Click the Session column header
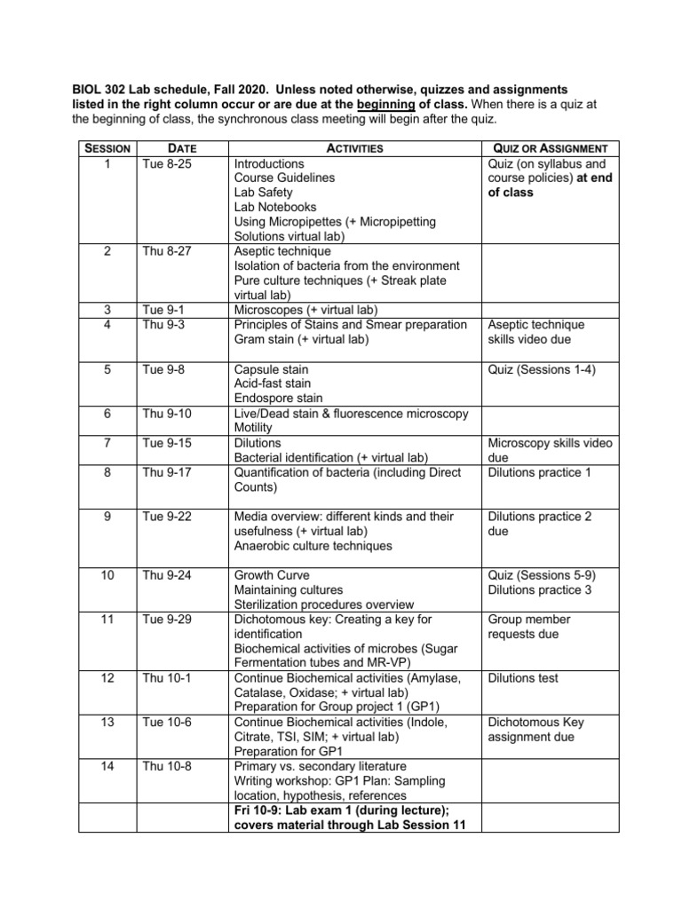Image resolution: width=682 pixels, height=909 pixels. pyautogui.click(x=107, y=148)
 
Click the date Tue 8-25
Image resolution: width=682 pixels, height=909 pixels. pyautogui.click(x=167, y=163)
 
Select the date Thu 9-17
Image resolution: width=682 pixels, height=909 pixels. pyautogui.click(x=167, y=472)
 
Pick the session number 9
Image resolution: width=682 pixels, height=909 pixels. pyautogui.click(x=107, y=517)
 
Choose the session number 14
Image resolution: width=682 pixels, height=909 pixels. pyautogui.click(x=107, y=766)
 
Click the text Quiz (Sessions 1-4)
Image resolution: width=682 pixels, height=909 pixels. pyautogui.click(x=542, y=369)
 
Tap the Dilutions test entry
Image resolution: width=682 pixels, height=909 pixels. pyautogui.click(x=523, y=678)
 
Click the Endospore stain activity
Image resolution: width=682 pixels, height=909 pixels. pyautogui.click(x=278, y=399)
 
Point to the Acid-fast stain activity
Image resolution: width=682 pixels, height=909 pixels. pyautogui.click(x=273, y=383)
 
